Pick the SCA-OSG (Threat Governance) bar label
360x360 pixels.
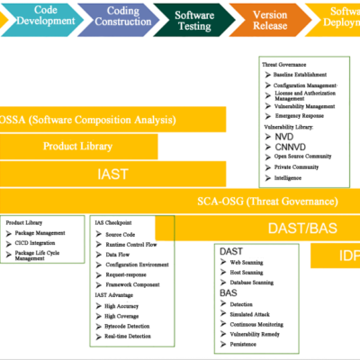[x=267, y=202]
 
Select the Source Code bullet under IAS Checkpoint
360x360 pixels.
[x=121, y=233]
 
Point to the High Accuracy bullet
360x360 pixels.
[x=123, y=305]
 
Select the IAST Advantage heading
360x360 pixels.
[x=118, y=294]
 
